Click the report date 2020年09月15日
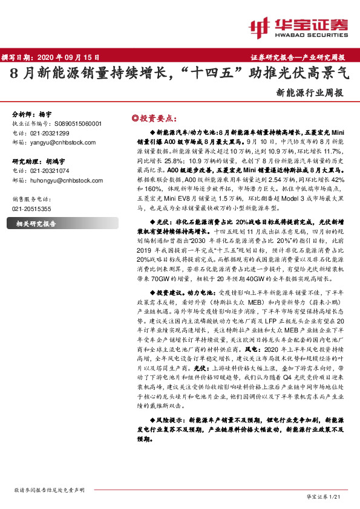click(73, 57)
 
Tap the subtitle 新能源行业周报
click(309, 93)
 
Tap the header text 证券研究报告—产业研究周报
click(297, 57)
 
